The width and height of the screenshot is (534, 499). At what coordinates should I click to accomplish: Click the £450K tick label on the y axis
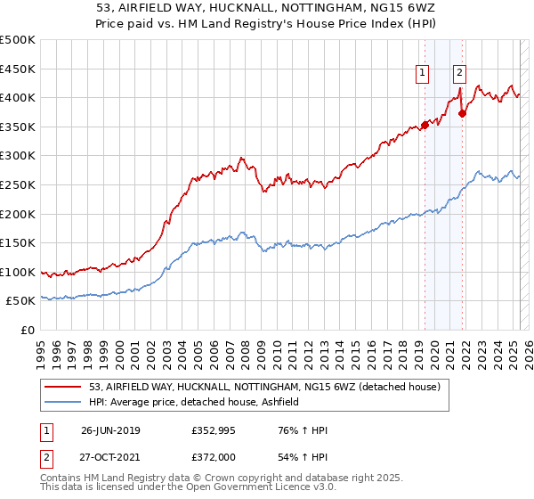coord(18,69)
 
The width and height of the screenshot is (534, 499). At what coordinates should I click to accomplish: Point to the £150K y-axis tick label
coord(18,242)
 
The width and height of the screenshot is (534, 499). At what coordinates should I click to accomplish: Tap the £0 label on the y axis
coord(27,330)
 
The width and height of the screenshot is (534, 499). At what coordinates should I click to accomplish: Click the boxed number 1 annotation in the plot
coord(422,74)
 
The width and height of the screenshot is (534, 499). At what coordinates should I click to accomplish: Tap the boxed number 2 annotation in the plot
coord(459,74)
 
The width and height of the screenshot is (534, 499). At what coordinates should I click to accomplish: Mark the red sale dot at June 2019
coord(425,125)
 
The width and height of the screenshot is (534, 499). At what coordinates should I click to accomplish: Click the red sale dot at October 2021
coord(462,113)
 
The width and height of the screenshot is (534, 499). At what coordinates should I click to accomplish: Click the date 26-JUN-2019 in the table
coord(110,431)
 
